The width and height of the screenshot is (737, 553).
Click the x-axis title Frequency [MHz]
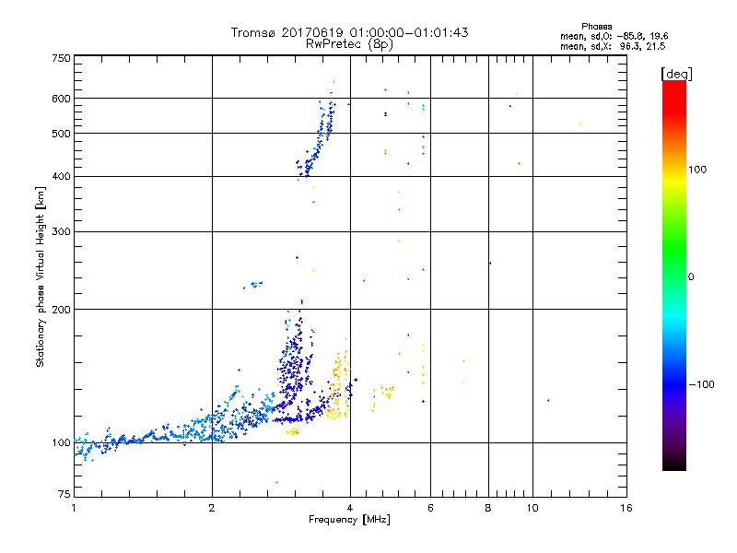point(350,521)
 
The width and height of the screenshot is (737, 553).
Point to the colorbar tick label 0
point(692,276)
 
